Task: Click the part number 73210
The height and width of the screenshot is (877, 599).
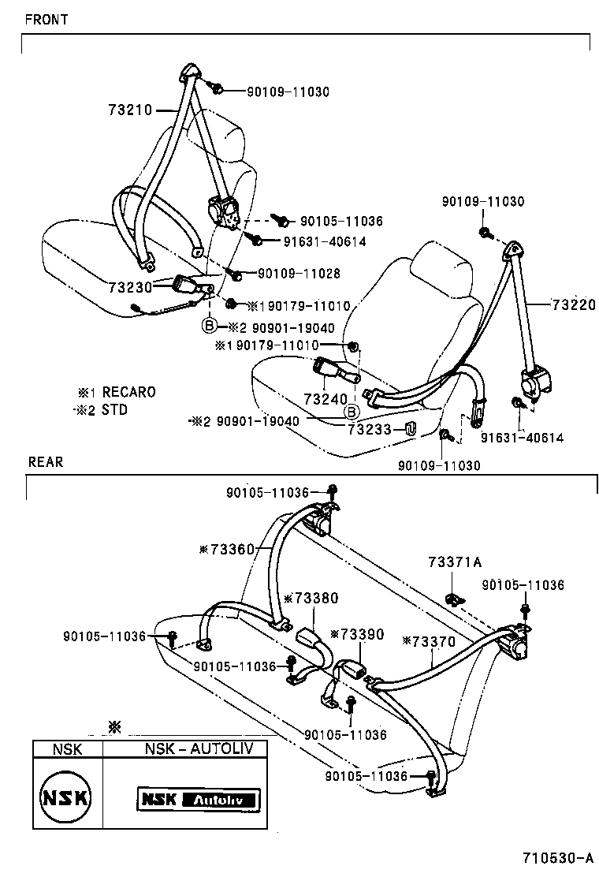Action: tap(130, 110)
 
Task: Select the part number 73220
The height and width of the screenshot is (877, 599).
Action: tap(574, 304)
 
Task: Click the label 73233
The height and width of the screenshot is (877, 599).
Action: tap(369, 429)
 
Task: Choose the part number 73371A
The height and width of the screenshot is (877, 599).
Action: tap(455, 562)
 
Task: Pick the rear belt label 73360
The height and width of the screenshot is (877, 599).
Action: tap(232, 549)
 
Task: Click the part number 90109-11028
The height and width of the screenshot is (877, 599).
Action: tap(299, 273)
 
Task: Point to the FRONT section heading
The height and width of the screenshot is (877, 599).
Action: tap(47, 21)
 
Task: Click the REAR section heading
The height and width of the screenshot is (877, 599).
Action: tap(45, 462)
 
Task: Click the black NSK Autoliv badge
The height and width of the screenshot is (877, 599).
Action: tap(199, 799)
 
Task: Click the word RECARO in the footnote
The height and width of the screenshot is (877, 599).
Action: tap(129, 392)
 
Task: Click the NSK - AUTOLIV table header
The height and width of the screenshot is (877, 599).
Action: tap(199, 748)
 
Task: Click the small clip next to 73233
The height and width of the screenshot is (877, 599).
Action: tap(410, 428)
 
